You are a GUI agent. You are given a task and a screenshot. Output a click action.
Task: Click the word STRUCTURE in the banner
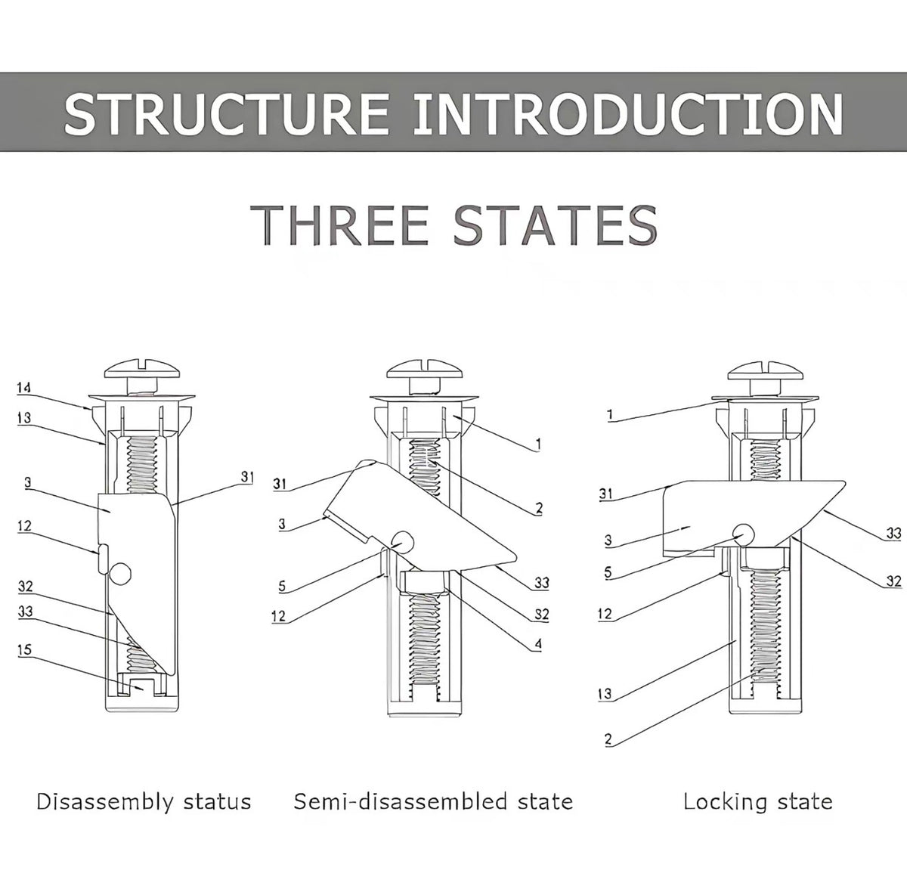[227, 113]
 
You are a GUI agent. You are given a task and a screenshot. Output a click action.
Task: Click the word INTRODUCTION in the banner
[628, 113]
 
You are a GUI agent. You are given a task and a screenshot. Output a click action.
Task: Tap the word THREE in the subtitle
[340, 225]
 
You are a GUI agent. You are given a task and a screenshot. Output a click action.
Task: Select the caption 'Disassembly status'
[144, 801]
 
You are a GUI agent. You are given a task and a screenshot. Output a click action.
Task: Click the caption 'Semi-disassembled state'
[434, 801]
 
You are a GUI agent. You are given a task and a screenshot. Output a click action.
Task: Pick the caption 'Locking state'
[758, 801]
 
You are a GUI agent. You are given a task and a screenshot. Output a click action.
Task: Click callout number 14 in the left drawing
[23, 388]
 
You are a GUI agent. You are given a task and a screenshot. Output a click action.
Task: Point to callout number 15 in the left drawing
[24, 649]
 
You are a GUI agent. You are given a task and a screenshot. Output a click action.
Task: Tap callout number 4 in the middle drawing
[538, 644]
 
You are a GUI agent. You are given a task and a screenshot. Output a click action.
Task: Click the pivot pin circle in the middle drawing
[402, 543]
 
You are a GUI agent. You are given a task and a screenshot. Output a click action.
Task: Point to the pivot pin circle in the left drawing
[120, 574]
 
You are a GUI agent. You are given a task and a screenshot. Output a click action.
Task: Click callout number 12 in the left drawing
[24, 525]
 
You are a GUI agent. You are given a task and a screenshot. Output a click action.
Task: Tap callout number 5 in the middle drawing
[282, 585]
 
